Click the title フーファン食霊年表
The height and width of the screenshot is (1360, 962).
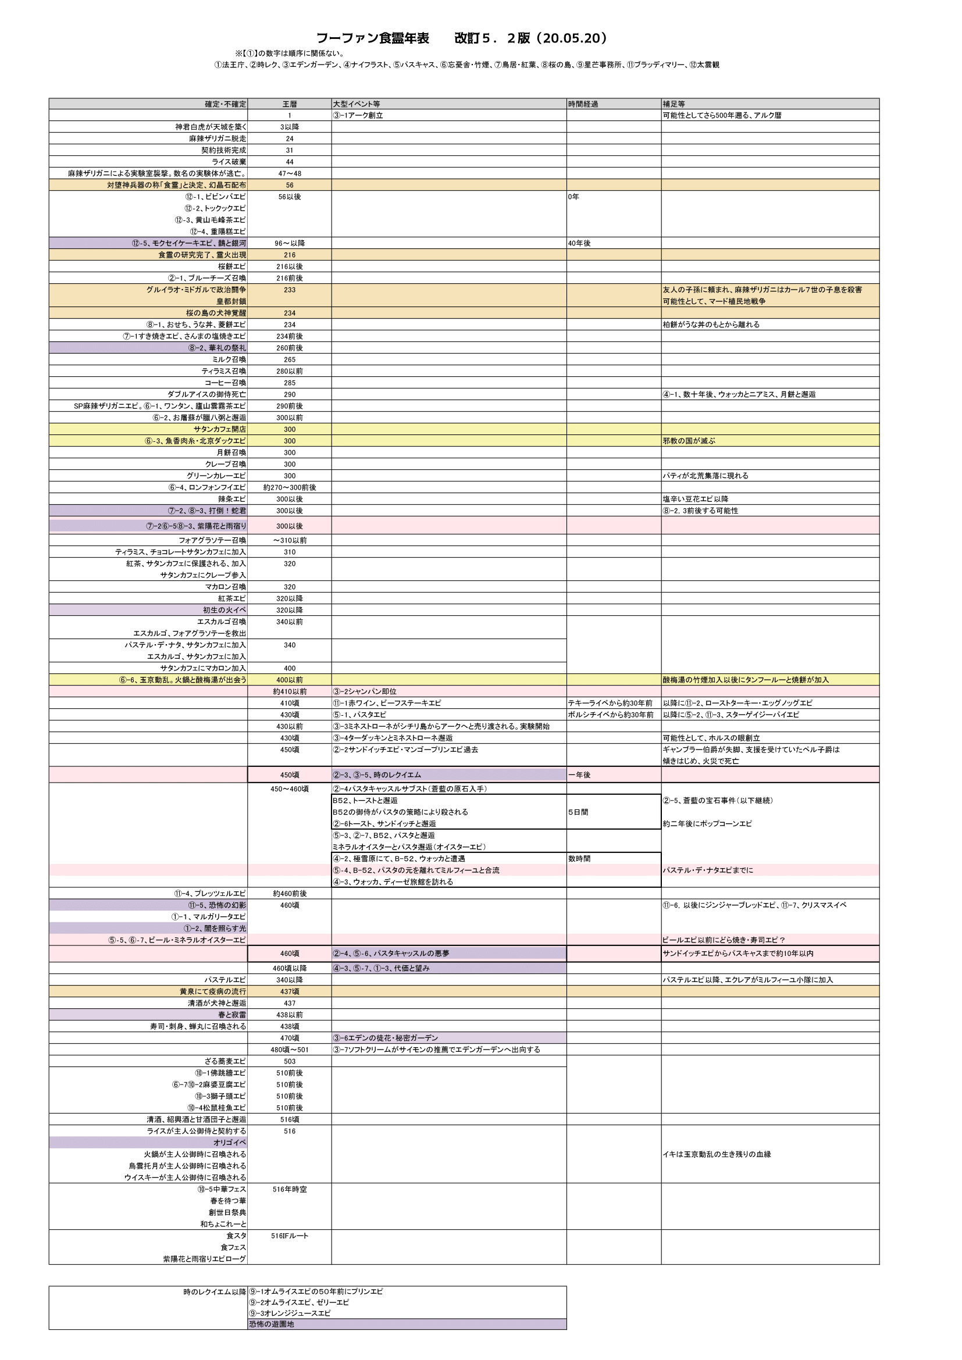[373, 38]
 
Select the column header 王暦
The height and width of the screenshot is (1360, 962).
[290, 104]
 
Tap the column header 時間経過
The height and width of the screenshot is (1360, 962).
[583, 104]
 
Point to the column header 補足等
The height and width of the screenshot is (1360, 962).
[674, 104]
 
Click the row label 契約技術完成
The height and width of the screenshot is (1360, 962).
[224, 151]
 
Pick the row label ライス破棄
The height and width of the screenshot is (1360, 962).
[229, 162]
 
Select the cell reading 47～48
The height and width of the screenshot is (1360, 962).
[290, 173]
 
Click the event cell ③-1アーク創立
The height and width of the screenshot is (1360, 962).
[358, 116]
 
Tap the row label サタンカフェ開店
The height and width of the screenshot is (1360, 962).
[220, 430]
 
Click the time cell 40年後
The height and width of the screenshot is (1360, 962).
[579, 244]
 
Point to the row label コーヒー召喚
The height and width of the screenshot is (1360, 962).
[226, 383]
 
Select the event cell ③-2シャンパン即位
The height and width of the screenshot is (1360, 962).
[365, 691]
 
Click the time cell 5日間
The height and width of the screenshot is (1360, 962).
[578, 812]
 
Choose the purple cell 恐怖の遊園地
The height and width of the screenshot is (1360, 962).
[271, 1324]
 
